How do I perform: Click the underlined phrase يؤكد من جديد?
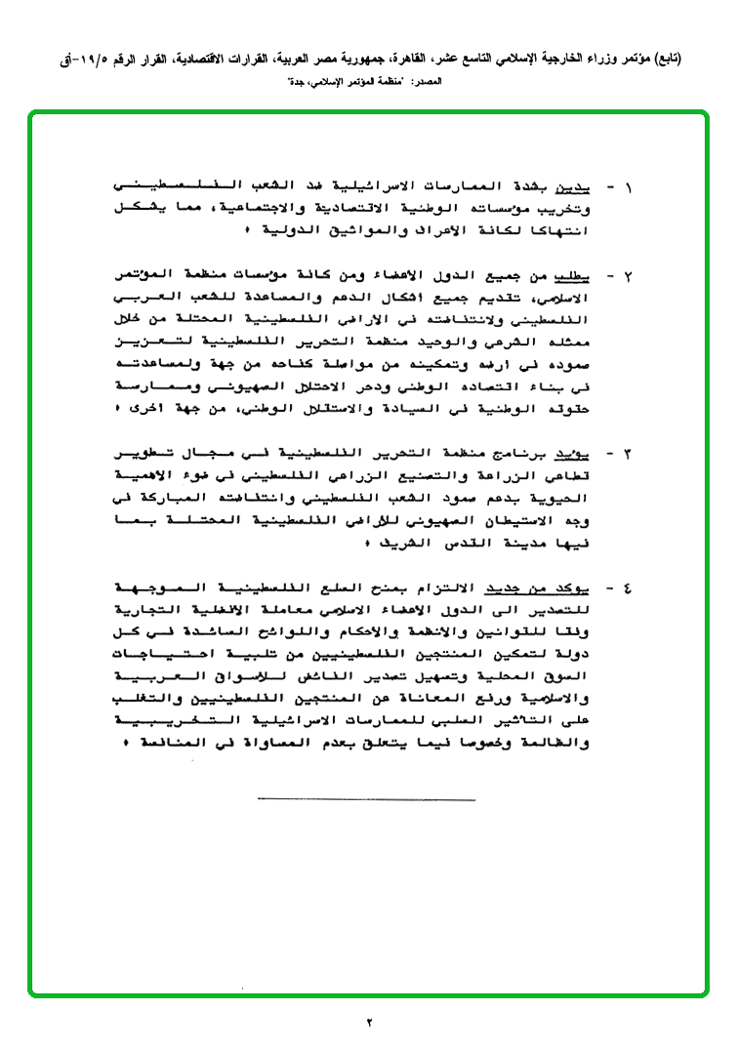539,588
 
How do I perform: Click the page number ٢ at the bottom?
370,1023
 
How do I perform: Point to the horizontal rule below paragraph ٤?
366,800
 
